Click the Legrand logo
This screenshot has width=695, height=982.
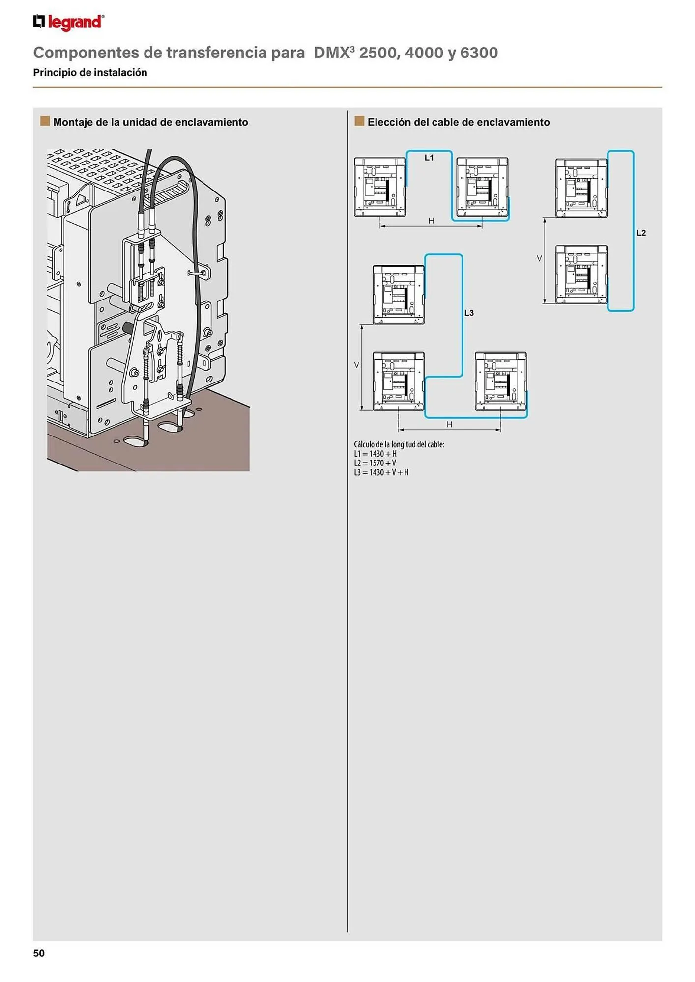pos(68,23)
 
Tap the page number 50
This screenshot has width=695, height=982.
pos(39,953)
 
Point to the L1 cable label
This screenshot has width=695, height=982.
pos(429,158)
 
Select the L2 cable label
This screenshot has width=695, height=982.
pos(641,233)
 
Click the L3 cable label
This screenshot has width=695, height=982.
pos(469,313)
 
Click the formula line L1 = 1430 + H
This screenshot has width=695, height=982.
pos(376,454)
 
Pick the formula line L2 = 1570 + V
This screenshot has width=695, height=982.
pos(375,463)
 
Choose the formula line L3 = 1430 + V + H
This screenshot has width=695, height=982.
pos(381,472)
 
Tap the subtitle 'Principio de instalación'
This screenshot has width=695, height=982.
pos(90,72)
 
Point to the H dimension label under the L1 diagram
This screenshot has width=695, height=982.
pos(431,221)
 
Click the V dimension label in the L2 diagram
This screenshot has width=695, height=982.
pos(539,258)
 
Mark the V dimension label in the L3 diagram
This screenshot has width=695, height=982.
pos(357,365)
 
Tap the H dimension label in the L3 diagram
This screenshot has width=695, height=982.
pos(449,424)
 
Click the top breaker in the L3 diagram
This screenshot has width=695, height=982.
pos(398,295)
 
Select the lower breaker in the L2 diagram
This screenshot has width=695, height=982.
pos(581,274)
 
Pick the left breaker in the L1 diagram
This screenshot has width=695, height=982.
pos(380,187)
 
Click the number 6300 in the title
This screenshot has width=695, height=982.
pos(479,53)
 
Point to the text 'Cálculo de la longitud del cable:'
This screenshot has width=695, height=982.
pos(399,444)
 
